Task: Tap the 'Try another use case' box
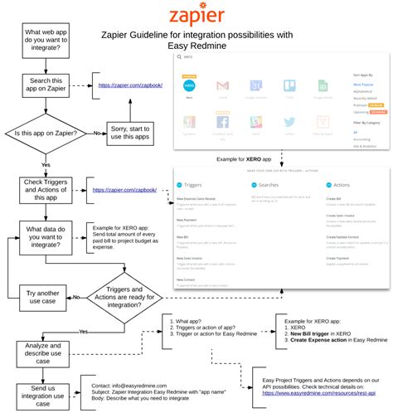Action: click(41, 296)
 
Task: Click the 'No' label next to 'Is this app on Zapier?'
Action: click(97, 132)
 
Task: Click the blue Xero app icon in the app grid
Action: click(189, 86)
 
